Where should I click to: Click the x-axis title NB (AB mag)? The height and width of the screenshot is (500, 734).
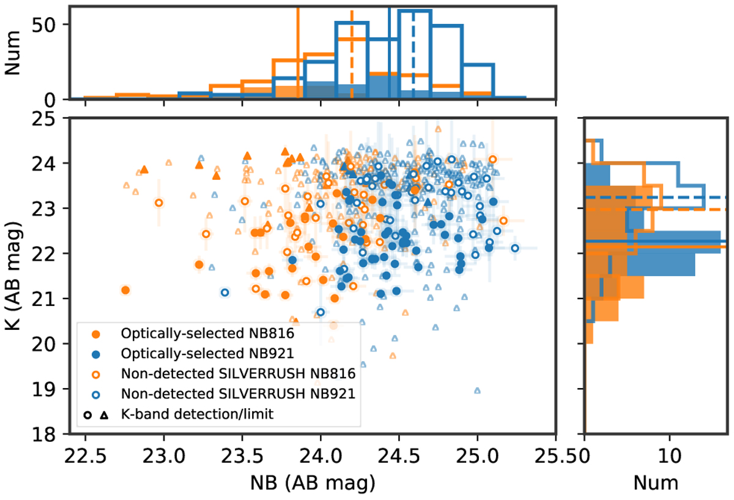pos(313,483)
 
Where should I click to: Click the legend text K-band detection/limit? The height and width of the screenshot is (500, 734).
pos(196,414)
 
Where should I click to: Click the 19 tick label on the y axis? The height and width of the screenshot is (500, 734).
pos(49,389)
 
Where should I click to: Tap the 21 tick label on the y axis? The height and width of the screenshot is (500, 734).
pos(49,299)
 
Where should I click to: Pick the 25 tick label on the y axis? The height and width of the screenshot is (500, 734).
pos(49,118)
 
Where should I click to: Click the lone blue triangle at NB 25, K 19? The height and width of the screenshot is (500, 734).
pos(477,390)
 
